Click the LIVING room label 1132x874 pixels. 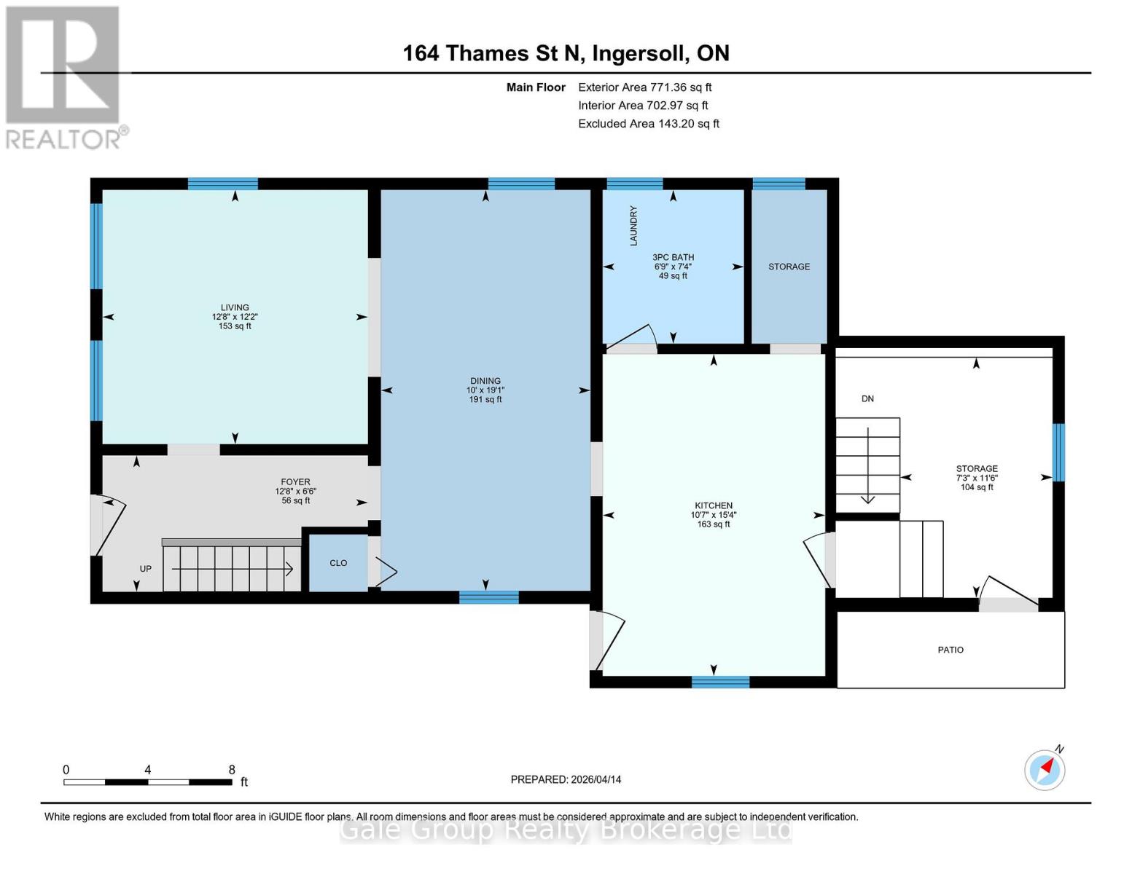[235, 307]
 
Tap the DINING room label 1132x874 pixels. [485, 381]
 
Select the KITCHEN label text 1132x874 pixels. [713, 505]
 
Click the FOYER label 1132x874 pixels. [295, 482]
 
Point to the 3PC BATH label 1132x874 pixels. [673, 257]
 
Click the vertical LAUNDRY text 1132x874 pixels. [633, 225]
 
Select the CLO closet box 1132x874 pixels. [338, 563]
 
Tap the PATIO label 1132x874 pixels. [951, 650]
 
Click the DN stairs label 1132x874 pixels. [867, 398]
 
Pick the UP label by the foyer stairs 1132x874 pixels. [146, 569]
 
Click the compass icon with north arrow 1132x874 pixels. [1045, 769]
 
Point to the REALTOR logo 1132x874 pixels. [63, 77]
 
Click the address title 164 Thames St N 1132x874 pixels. [566, 53]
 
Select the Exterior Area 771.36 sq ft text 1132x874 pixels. [644, 87]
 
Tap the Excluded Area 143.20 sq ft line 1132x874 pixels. [648, 124]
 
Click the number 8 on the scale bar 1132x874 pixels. [232, 770]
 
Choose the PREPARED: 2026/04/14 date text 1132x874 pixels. [566, 779]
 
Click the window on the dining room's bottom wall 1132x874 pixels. [488, 597]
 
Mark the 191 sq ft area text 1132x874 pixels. [485, 400]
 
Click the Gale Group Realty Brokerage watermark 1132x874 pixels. [566, 830]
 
